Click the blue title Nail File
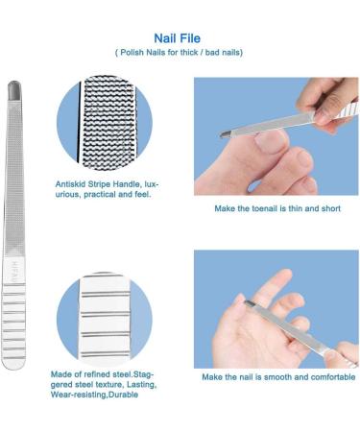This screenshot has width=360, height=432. pos(177,38)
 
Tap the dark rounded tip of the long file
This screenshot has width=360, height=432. pos(14,88)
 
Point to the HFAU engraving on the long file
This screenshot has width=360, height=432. pos(13,272)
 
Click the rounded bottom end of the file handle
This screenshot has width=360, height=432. pos(13,364)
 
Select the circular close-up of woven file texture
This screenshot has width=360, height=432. pos(105,122)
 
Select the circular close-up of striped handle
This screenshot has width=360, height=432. pos(105,319)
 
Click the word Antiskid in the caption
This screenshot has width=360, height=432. pos(70,184)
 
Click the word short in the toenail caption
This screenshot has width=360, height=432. pos(330,208)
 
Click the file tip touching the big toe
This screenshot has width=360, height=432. pos(225,134)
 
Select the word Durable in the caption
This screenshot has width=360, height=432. pos(124,395)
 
